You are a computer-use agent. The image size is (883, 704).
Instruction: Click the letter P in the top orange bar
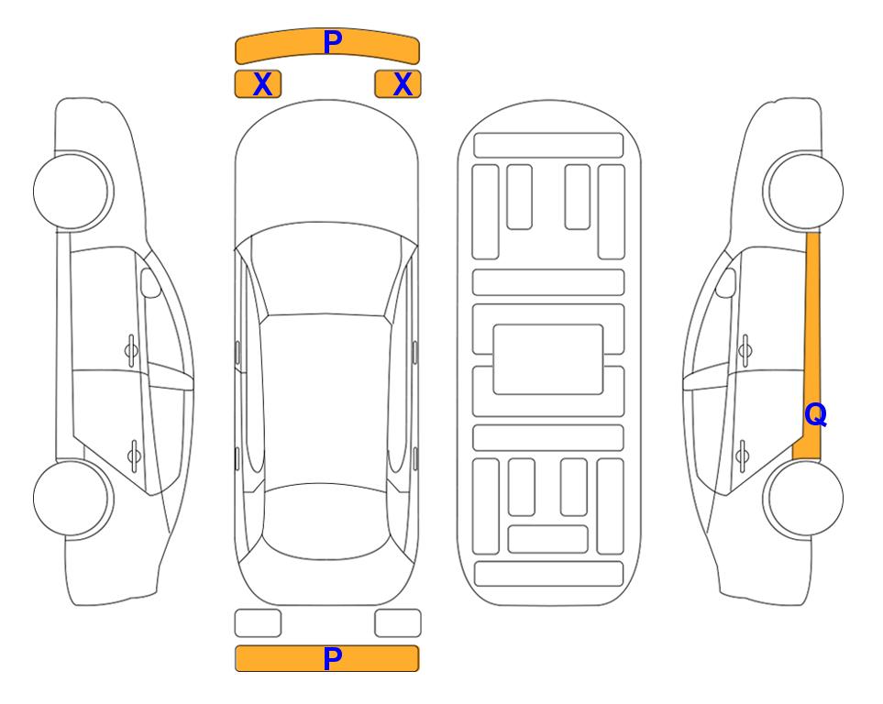click(x=333, y=42)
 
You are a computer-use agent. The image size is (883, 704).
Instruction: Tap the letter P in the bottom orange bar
click(x=333, y=658)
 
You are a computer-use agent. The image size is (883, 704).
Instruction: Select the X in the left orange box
click(x=262, y=84)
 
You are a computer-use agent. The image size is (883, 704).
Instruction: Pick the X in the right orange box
click(x=403, y=84)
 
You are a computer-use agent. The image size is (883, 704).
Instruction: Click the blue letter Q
click(x=815, y=415)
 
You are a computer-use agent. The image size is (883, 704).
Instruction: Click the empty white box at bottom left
click(x=258, y=623)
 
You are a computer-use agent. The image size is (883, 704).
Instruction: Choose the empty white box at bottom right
click(x=398, y=623)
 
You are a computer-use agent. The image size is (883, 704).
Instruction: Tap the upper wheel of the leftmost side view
click(x=72, y=192)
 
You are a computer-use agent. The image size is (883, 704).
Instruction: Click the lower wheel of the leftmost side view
click(x=72, y=498)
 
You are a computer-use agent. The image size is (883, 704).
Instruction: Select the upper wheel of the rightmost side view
click(x=804, y=192)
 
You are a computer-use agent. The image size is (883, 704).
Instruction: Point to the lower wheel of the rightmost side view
click(x=804, y=498)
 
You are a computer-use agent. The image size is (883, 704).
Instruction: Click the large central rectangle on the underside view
click(x=548, y=359)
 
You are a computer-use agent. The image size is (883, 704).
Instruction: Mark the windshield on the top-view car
click(x=326, y=269)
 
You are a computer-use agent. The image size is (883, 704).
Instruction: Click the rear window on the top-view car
click(x=326, y=521)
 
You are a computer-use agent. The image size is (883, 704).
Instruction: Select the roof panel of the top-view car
click(x=326, y=400)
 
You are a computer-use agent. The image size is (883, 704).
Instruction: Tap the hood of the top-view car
click(x=326, y=169)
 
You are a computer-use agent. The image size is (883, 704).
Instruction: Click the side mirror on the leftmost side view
click(x=150, y=282)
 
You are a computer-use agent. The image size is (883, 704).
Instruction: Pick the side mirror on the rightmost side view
click(x=726, y=282)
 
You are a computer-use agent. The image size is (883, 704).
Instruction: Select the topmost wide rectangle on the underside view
click(x=548, y=146)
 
